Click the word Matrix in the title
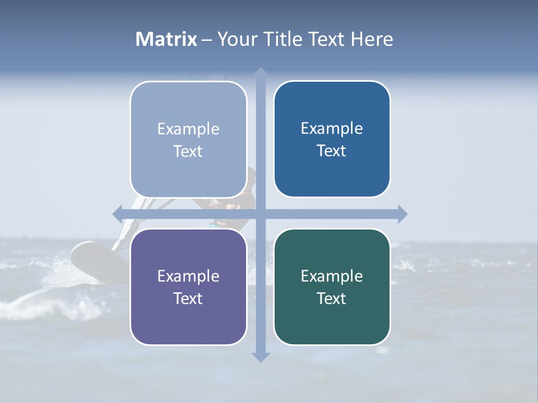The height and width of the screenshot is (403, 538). tap(166, 39)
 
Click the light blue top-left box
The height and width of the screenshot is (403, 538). tap(188, 139)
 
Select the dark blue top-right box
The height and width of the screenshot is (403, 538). tap(332, 139)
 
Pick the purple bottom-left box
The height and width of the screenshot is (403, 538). tap(188, 287)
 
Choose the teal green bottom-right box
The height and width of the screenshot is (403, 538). tap(332, 287)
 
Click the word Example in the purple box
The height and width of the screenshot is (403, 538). tap(188, 276)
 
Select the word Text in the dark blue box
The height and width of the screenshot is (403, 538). tap(332, 151)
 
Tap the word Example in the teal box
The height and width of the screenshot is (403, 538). tap(332, 276)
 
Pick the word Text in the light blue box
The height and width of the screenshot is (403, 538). tap(188, 151)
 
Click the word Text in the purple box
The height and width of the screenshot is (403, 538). tap(188, 298)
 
